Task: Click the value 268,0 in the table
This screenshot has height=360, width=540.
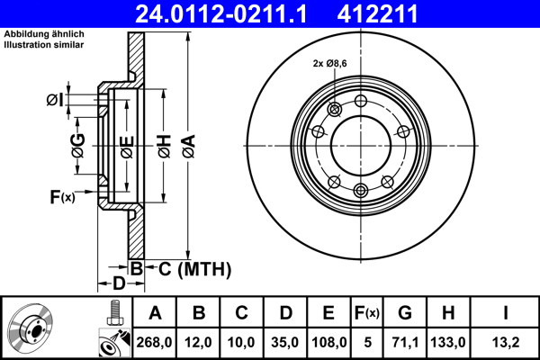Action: [x=156, y=342]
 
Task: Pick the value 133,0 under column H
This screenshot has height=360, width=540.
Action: [x=447, y=342]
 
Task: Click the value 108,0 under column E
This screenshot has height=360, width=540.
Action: [x=328, y=342]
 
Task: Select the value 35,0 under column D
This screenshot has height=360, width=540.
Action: [x=284, y=342]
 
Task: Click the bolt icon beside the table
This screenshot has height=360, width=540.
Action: [x=113, y=311]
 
